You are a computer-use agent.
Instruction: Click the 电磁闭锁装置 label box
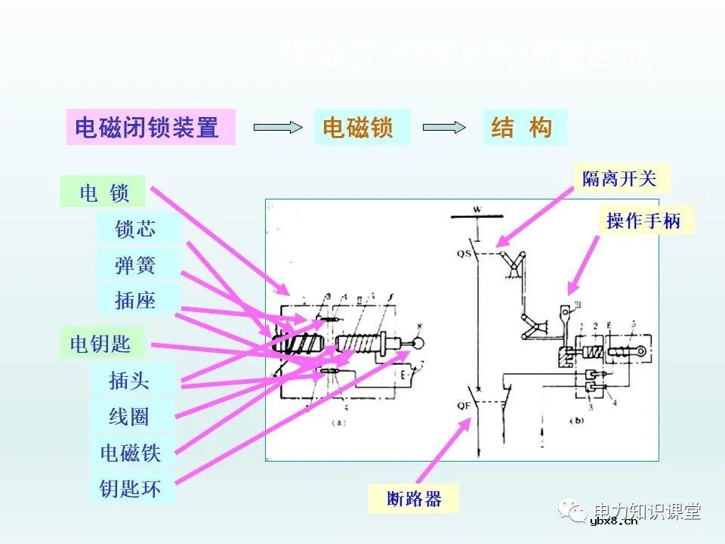click(x=150, y=127)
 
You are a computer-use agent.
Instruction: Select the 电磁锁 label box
click(x=361, y=127)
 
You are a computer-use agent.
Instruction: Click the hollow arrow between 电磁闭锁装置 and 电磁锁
click(x=277, y=128)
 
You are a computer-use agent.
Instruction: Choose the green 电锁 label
click(x=105, y=193)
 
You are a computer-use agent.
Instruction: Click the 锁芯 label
click(x=137, y=229)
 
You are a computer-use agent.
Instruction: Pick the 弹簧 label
click(x=137, y=265)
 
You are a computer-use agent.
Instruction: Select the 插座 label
click(x=137, y=300)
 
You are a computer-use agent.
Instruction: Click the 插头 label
click(x=131, y=380)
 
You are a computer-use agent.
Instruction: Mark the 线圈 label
click(x=131, y=416)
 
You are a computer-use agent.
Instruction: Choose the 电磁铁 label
click(x=131, y=453)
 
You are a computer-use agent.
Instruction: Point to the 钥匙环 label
click(x=131, y=489)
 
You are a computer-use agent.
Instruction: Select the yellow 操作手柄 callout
click(x=644, y=220)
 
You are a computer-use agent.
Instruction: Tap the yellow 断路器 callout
click(x=414, y=499)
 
